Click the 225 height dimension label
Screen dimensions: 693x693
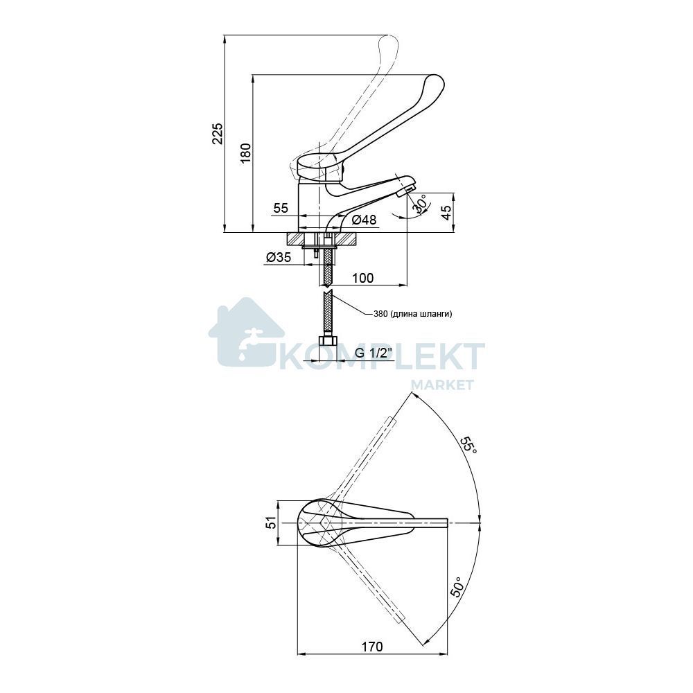pos(218,134)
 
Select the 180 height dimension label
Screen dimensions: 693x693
pos(246,153)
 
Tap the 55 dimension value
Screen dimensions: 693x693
pos(281,208)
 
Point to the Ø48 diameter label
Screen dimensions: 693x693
pos(365,219)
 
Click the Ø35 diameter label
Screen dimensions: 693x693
pos(279,257)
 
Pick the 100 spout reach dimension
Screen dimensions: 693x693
pos(363,278)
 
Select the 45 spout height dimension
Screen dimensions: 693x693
pos(447,213)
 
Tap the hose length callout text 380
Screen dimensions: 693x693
pos(380,314)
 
